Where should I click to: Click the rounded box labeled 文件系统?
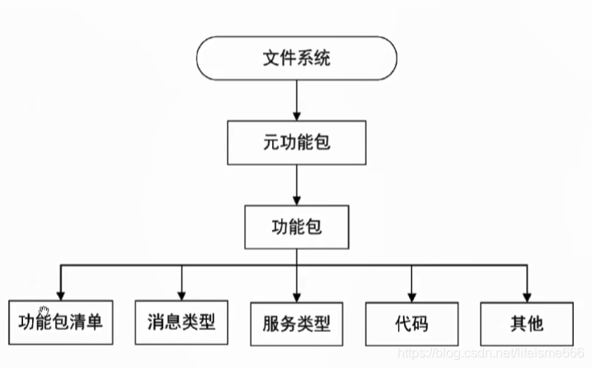pyautogui.click(x=297, y=59)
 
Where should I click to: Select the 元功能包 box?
pyautogui.click(x=297, y=143)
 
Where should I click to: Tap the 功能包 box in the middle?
pyautogui.click(x=297, y=227)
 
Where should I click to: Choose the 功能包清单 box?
pyautogui.click(x=61, y=323)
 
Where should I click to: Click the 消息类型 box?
pyautogui.click(x=181, y=323)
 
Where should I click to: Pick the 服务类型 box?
pyautogui.click(x=297, y=323)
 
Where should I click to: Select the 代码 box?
pyautogui.click(x=412, y=323)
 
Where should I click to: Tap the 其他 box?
pyautogui.click(x=527, y=323)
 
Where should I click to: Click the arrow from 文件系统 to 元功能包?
pyautogui.click(x=297, y=100)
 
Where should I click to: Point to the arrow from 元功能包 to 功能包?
pyautogui.click(x=297, y=185)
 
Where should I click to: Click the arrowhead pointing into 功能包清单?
pyautogui.click(x=61, y=296)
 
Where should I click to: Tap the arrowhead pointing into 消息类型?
pyautogui.click(x=181, y=296)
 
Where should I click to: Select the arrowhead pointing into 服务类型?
pyautogui.click(x=297, y=297)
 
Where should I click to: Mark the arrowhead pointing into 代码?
pyautogui.click(x=412, y=297)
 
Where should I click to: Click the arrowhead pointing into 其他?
pyautogui.click(x=527, y=297)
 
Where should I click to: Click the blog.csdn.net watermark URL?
pyautogui.click(x=491, y=353)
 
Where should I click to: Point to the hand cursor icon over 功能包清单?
pyautogui.click(x=44, y=312)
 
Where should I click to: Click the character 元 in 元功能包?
pyautogui.click(x=271, y=143)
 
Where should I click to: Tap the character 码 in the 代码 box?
pyautogui.click(x=421, y=323)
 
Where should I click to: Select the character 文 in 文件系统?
pyautogui.click(x=271, y=59)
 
